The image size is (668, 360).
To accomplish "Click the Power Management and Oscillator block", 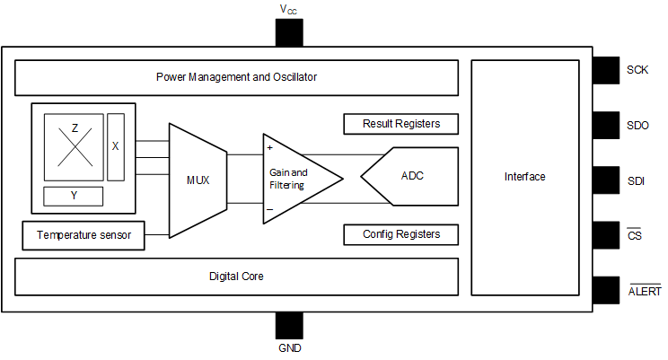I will tap(236, 77).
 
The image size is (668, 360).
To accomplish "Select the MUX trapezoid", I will tap(198, 180).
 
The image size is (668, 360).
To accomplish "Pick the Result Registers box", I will tap(400, 123).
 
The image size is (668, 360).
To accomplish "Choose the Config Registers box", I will tap(400, 234).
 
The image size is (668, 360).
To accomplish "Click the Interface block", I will tap(524, 177).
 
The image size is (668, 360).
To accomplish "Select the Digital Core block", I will tap(236, 277).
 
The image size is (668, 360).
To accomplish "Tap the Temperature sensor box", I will tap(83, 236).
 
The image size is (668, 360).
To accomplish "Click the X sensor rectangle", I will tap(116, 146).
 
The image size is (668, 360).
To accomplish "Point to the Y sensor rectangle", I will tap(73, 196).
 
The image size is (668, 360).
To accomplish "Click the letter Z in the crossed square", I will tap(75, 129).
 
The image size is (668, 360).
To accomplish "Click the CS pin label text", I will tap(634, 235).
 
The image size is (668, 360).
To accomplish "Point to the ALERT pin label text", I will tap(644, 291).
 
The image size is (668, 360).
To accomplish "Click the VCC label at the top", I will tap(288, 9).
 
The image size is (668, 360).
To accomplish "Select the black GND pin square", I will tap(288, 325).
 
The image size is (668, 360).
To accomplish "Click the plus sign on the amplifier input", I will tap(269, 146).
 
